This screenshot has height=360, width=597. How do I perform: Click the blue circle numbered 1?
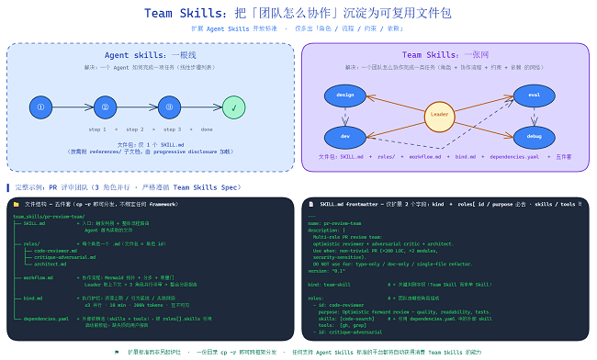pyautogui.click(x=39, y=107)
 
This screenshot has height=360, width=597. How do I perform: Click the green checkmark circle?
pyautogui.click(x=234, y=107)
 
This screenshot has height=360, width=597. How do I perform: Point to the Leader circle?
pyautogui.click(x=440, y=116)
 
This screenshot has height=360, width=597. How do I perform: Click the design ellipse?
pyautogui.click(x=345, y=95)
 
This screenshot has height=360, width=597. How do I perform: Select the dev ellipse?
pyautogui.click(x=345, y=136)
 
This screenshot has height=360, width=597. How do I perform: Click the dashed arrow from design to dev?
pyautogui.click(x=345, y=116)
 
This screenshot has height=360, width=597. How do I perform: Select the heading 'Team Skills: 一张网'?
pyautogui.click(x=445, y=55)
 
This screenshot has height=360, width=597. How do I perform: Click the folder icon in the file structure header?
pyautogui.click(x=16, y=203)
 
